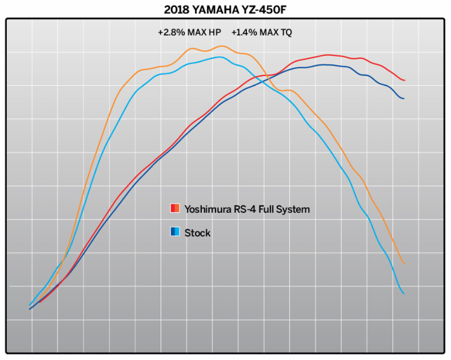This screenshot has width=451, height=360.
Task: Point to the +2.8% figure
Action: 170,33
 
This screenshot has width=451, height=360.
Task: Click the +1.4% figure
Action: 244,33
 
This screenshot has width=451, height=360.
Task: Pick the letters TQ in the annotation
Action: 286,33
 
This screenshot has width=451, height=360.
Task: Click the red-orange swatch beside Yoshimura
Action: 175,209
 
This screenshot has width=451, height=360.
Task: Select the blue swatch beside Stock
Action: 175,232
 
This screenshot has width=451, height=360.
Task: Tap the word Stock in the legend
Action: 197,232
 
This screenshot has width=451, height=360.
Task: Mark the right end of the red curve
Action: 404,80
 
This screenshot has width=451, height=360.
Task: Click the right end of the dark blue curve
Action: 404,99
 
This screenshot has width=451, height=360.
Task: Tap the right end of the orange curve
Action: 404,264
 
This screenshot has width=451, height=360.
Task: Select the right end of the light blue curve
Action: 404,293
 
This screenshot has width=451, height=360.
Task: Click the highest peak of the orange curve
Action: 222,46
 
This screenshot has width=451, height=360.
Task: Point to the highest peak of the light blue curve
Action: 218,57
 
